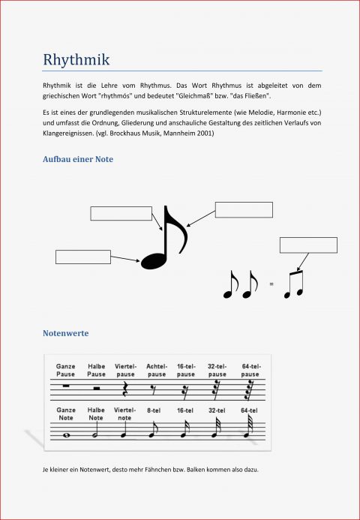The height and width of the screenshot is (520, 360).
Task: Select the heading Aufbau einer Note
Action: (x=78, y=160)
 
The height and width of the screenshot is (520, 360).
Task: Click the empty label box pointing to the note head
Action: (x=83, y=257)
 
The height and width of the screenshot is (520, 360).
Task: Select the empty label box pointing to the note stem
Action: (x=121, y=213)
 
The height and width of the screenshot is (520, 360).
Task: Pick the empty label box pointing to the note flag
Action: (x=244, y=209)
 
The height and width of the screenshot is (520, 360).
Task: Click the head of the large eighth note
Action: (x=154, y=259)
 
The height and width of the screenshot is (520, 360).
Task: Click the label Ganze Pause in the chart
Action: (x=66, y=370)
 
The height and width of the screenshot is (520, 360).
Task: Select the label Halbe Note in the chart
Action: (x=96, y=414)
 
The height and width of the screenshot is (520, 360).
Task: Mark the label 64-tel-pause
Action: (x=250, y=370)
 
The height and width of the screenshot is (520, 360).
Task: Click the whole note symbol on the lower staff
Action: (x=66, y=434)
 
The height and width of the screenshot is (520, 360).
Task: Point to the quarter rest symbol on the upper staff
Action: (x=124, y=389)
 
